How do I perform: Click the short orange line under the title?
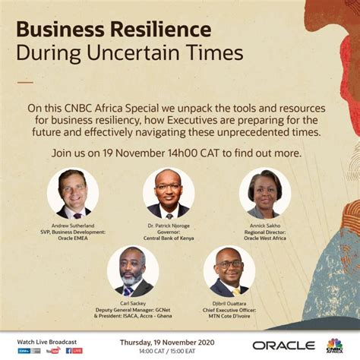coord(25,81)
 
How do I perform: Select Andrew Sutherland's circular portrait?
coord(73,194)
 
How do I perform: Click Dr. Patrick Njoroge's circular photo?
coord(169,194)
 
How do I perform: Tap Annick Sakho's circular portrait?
coord(264,194)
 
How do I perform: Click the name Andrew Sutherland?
coord(73,226)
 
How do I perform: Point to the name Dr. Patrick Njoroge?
coord(169,226)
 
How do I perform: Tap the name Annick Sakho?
coord(264,226)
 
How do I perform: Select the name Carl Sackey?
coord(133,302)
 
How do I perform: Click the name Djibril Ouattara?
coord(229,302)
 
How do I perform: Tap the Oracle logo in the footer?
coord(283,345)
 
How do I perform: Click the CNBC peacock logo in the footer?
coord(333,344)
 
